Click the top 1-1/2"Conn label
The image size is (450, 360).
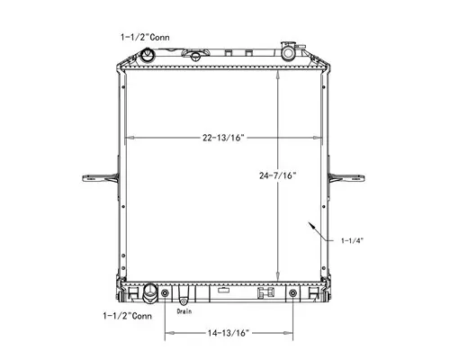[148, 38]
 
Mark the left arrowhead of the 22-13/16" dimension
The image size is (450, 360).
[128, 138]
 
